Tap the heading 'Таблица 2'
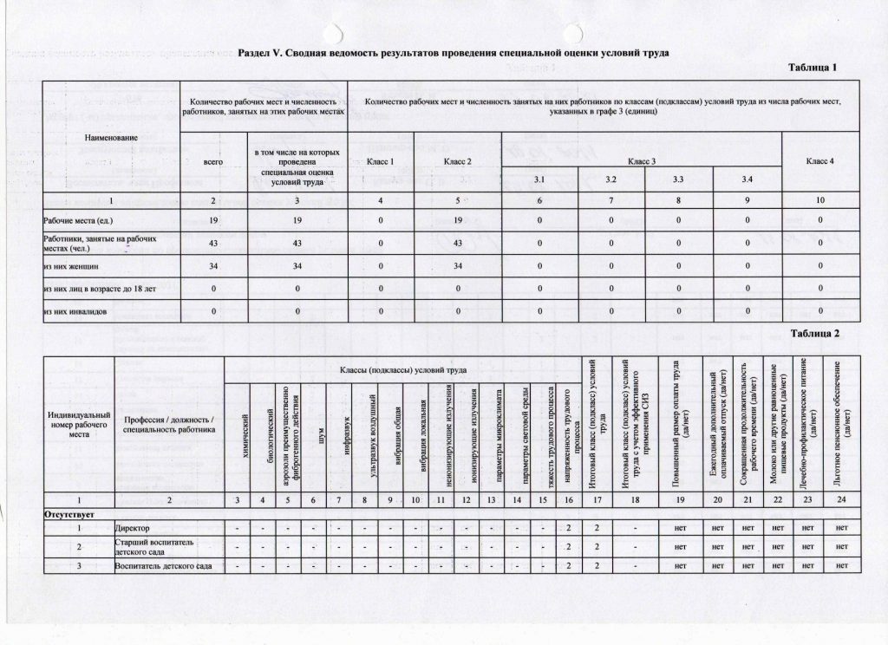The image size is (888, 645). tap(815, 332)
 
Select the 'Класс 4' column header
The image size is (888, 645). tap(819, 161)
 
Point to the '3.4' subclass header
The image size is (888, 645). tap(748, 179)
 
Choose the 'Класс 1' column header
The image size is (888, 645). tap(381, 161)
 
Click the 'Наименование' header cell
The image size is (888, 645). tap(110, 138)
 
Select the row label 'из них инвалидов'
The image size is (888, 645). tap(79, 311)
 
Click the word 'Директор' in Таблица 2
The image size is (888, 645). tap(134, 528)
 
